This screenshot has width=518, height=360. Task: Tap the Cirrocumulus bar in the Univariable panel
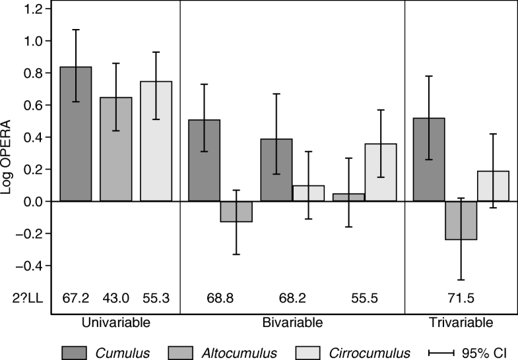pyautogui.click(x=156, y=141)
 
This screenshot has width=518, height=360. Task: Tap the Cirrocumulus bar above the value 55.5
pyautogui.click(x=380, y=172)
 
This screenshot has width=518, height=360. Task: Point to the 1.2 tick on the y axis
pyautogui.click(x=33, y=9)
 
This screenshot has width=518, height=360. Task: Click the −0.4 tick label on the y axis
pyautogui.click(x=30, y=266)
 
